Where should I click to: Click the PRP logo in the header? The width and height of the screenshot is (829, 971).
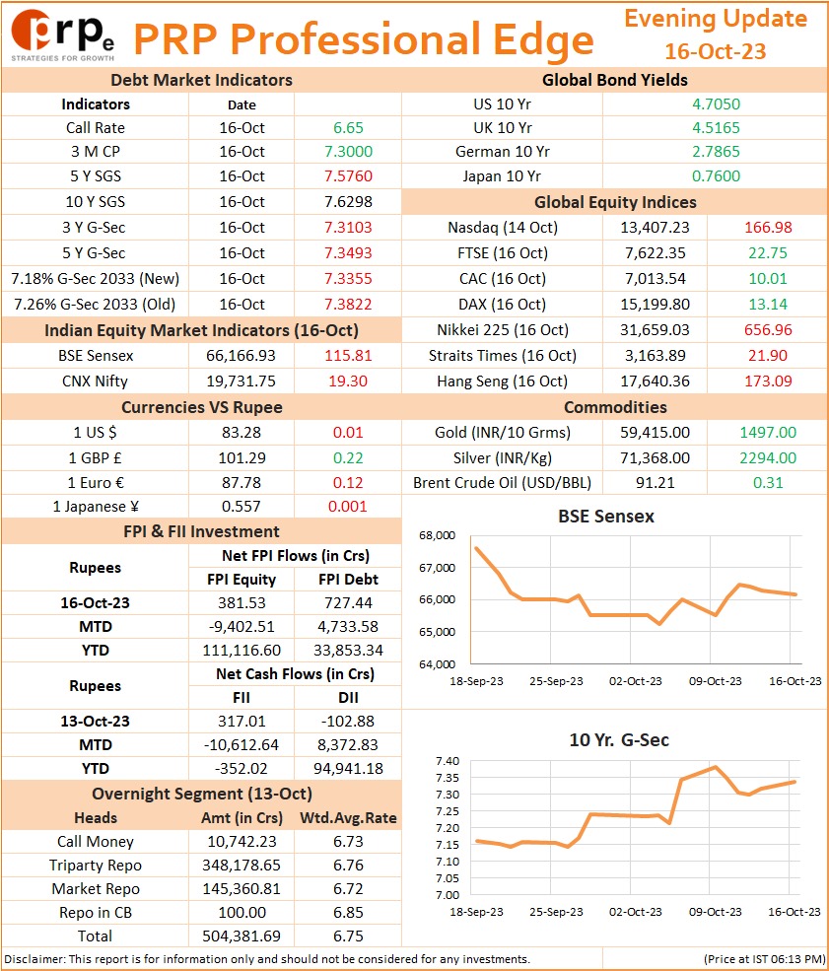pyautogui.click(x=62, y=35)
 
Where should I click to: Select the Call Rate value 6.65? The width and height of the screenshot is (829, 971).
pyautogui.click(x=348, y=128)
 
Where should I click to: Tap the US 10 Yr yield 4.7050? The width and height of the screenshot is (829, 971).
pyautogui.click(x=716, y=104)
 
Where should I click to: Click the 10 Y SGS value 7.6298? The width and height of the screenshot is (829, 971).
pyautogui.click(x=348, y=202)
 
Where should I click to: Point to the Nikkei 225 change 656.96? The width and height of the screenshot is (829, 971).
pyautogui.click(x=768, y=330)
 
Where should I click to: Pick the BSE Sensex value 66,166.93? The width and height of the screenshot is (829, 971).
pyautogui.click(x=241, y=356)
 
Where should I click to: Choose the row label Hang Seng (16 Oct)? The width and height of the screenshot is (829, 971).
pyautogui.click(x=502, y=381)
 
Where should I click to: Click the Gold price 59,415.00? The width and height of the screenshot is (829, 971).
pyautogui.click(x=655, y=433)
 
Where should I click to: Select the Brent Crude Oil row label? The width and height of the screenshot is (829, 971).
pyautogui.click(x=502, y=483)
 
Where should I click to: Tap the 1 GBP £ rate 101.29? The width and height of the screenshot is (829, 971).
pyautogui.click(x=242, y=458)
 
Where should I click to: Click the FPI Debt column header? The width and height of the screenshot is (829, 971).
pyautogui.click(x=348, y=580)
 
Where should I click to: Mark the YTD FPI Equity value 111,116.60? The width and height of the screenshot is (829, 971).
pyautogui.click(x=242, y=651)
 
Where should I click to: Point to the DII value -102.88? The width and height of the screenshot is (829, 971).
pyautogui.click(x=348, y=722)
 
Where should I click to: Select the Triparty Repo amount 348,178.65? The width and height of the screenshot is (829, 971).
pyautogui.click(x=242, y=866)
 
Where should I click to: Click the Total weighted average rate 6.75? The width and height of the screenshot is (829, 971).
pyautogui.click(x=348, y=936)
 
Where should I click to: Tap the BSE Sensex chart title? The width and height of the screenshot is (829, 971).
pyautogui.click(x=606, y=517)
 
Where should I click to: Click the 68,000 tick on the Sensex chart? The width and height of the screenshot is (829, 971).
pyautogui.click(x=437, y=535)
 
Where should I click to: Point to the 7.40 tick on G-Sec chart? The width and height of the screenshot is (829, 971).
pyautogui.click(x=448, y=761)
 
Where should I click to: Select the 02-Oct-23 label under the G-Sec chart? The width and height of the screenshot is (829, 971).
pyautogui.click(x=635, y=912)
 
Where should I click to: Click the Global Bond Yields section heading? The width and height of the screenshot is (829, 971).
pyautogui.click(x=615, y=81)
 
